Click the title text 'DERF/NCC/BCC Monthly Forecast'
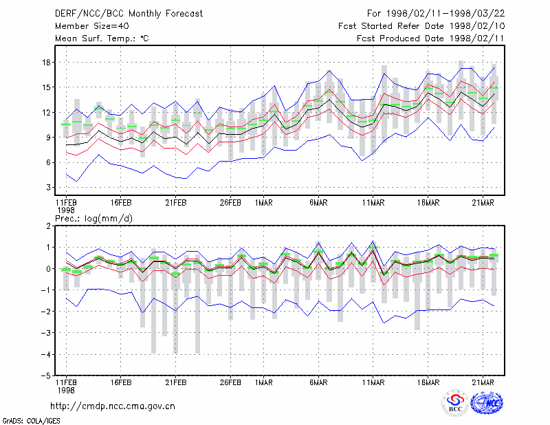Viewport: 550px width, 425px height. tap(129, 14)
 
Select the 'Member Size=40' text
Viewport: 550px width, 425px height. tap(92, 26)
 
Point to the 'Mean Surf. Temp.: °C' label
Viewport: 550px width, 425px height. tap(102, 39)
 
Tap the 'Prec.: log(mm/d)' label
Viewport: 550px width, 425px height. tap(93, 219)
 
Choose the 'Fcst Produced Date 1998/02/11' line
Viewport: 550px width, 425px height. tap(431, 39)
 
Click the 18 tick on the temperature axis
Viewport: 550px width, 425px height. tap(46, 63)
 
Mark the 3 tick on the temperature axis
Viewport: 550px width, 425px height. tap(48, 188)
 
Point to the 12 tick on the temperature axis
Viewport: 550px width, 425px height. tap(46, 113)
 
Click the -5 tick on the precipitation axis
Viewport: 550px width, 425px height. tap(45, 375)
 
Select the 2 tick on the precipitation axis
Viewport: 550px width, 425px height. tap(48, 226)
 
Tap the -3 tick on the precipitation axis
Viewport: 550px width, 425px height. tap(45, 333)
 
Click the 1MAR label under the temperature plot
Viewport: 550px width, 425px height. tap(264, 203)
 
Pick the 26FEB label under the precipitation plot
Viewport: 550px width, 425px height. tap(230, 382)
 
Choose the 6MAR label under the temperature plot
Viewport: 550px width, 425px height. tap(318, 203)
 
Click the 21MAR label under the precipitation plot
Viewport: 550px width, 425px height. tap(483, 382)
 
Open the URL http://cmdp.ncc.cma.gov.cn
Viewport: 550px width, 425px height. tap(113, 406)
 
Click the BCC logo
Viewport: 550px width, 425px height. tap(455, 403)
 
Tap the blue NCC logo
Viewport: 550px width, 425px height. tap(487, 403)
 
